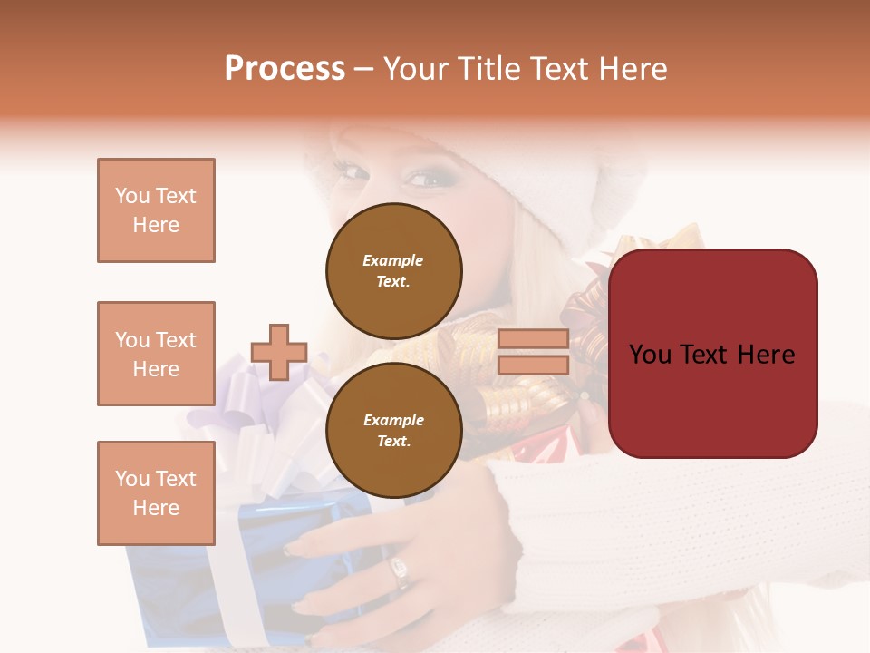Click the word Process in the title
(285, 69)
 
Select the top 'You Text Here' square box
(156, 210)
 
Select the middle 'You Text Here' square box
(156, 354)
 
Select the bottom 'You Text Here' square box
(156, 493)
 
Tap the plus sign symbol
(279, 352)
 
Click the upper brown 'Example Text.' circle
(394, 271)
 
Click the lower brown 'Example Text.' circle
(394, 431)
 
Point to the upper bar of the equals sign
(533, 339)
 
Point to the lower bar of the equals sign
(533, 365)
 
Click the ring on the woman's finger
(400, 570)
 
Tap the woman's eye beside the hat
(424, 179)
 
